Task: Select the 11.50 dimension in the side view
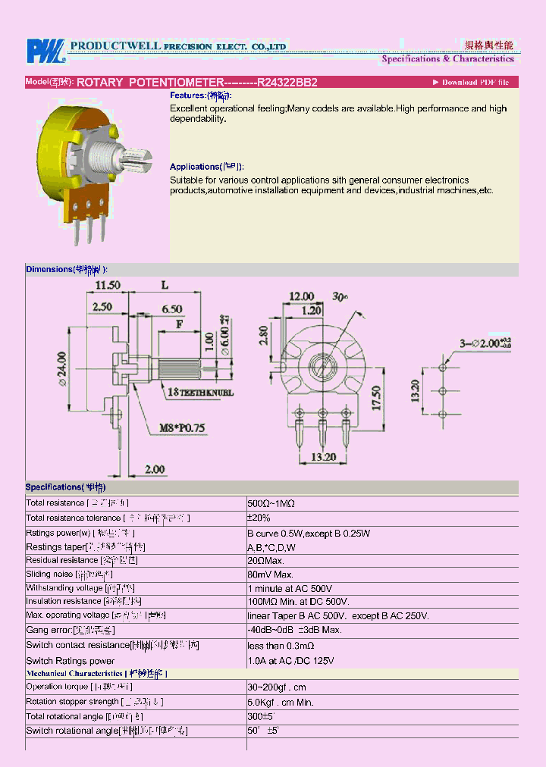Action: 108,285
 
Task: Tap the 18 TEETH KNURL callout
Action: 200,393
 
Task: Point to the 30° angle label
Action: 340,298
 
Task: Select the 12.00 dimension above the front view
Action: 300,296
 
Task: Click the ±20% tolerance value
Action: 259,518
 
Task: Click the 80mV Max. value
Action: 270,574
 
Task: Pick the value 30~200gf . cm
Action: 277,687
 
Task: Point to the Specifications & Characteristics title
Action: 447,58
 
